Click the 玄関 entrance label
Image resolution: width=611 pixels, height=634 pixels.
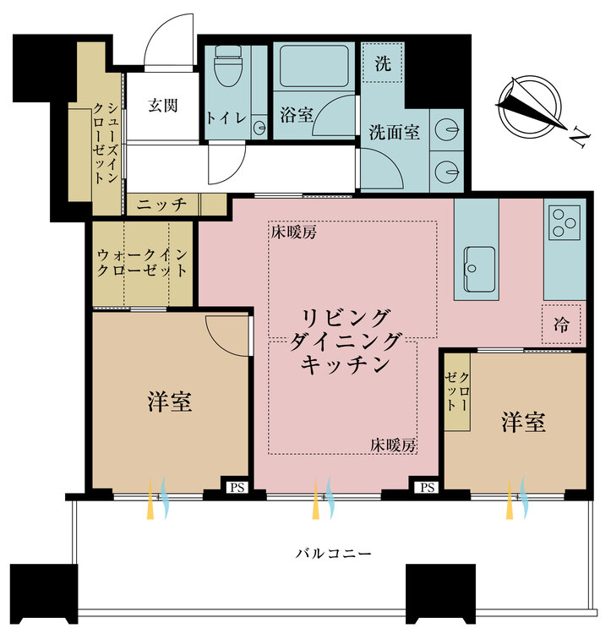pos(162,106)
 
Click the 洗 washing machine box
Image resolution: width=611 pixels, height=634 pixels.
pos(382,63)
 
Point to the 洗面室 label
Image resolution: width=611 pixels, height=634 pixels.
pos(395,133)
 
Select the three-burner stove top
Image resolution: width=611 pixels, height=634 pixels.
pos(564,222)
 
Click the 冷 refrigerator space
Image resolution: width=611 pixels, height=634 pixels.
pos(561,324)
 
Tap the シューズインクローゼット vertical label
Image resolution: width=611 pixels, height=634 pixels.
pos(106,148)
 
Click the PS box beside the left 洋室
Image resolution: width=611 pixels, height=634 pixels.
pos(235,487)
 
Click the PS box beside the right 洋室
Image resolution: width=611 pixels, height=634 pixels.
pos(427,487)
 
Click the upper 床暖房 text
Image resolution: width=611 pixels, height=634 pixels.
pos(293,232)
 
